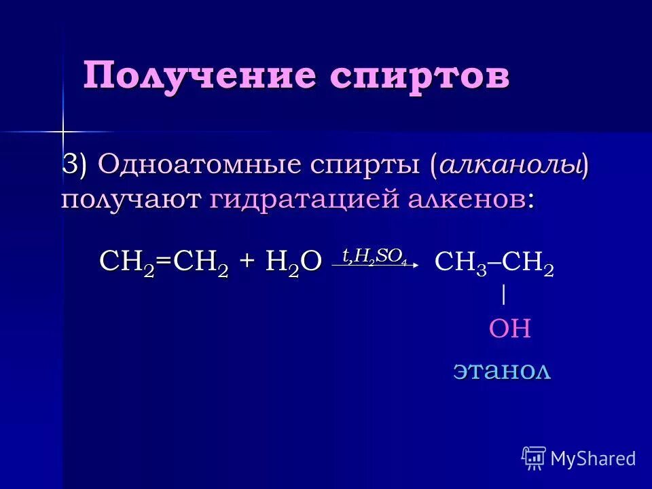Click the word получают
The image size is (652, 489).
point(131,200)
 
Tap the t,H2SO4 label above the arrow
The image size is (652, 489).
point(374,255)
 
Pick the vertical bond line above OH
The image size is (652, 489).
point(503,295)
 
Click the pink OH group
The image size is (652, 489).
point(509,329)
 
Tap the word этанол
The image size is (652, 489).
point(502,371)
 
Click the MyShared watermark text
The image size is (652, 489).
point(593,458)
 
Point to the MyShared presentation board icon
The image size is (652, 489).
point(534,458)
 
